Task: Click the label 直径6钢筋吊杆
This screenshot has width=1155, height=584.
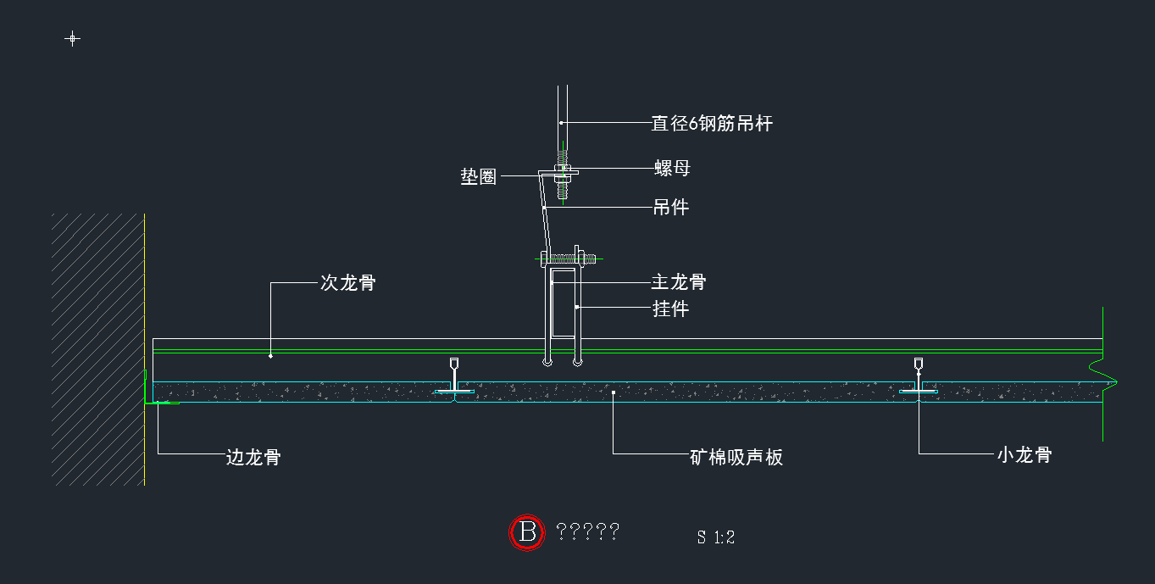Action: click(x=711, y=124)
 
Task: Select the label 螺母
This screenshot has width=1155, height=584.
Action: click(x=672, y=168)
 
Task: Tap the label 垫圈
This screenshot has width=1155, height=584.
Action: click(x=478, y=177)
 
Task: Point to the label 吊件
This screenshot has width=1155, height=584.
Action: click(x=671, y=207)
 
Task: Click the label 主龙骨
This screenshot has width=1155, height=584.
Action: click(x=678, y=281)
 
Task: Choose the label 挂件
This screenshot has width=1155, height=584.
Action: click(x=670, y=309)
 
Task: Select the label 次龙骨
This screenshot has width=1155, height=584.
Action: click(x=347, y=283)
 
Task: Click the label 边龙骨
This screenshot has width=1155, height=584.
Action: click(x=253, y=458)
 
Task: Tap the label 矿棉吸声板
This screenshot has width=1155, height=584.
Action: click(x=736, y=458)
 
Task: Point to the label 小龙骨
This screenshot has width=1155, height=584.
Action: click(x=1024, y=455)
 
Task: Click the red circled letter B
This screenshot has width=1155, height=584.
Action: click(x=527, y=532)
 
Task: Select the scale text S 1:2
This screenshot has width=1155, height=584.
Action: click(x=715, y=537)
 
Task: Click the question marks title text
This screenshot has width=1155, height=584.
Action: click(x=587, y=532)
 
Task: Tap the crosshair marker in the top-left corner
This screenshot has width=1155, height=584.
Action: click(x=73, y=38)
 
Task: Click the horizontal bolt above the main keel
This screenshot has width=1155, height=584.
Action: click(x=568, y=257)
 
